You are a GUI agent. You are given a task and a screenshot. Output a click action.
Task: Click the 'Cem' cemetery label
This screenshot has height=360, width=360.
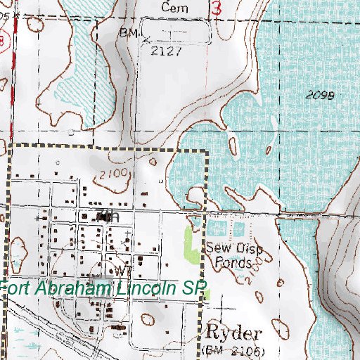pyautogui.click(x=171, y=7)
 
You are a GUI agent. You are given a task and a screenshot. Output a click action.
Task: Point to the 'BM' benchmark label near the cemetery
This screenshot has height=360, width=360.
pyautogui.click(x=127, y=33)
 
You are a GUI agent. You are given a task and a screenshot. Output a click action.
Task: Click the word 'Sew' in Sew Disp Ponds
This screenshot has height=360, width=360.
pyautogui.click(x=214, y=248)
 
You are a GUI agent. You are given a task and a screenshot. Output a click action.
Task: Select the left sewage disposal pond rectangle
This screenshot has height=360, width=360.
pyautogui.click(x=217, y=229)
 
